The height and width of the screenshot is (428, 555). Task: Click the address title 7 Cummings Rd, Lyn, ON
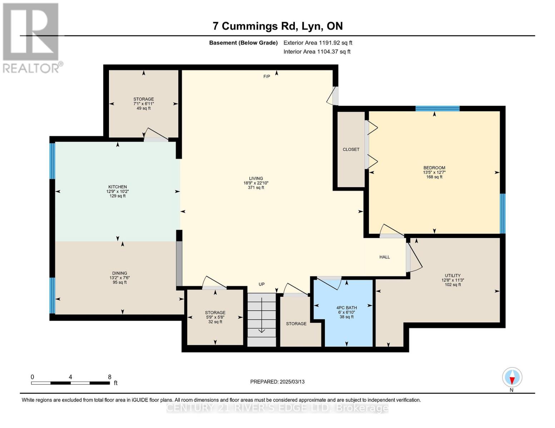click(277, 26)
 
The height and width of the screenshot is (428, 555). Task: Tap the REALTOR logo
click(31, 37)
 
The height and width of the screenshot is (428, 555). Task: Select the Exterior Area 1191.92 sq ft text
click(318, 43)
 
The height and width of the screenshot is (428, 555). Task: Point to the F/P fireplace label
click(267, 77)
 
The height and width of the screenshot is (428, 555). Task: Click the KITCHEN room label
click(118, 187)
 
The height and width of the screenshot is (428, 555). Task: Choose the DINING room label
click(119, 273)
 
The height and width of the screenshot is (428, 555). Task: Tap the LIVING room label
click(256, 178)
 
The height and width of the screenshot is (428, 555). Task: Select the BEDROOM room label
click(434, 168)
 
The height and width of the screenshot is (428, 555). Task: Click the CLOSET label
click(351, 149)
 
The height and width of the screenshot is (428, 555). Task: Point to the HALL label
click(385, 257)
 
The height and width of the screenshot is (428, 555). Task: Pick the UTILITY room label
click(452, 276)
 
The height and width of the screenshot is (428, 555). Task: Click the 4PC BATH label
click(346, 308)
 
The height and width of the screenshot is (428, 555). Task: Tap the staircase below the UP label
click(262, 319)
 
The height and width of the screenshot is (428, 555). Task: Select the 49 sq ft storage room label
click(144, 103)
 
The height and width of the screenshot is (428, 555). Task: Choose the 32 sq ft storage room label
click(215, 317)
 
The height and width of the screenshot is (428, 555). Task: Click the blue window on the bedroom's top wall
click(437, 108)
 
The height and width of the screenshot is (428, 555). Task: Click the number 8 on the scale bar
click(110, 377)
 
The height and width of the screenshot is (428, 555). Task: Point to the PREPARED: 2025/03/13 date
click(277, 382)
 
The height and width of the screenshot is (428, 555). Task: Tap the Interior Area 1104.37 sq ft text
click(317, 52)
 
